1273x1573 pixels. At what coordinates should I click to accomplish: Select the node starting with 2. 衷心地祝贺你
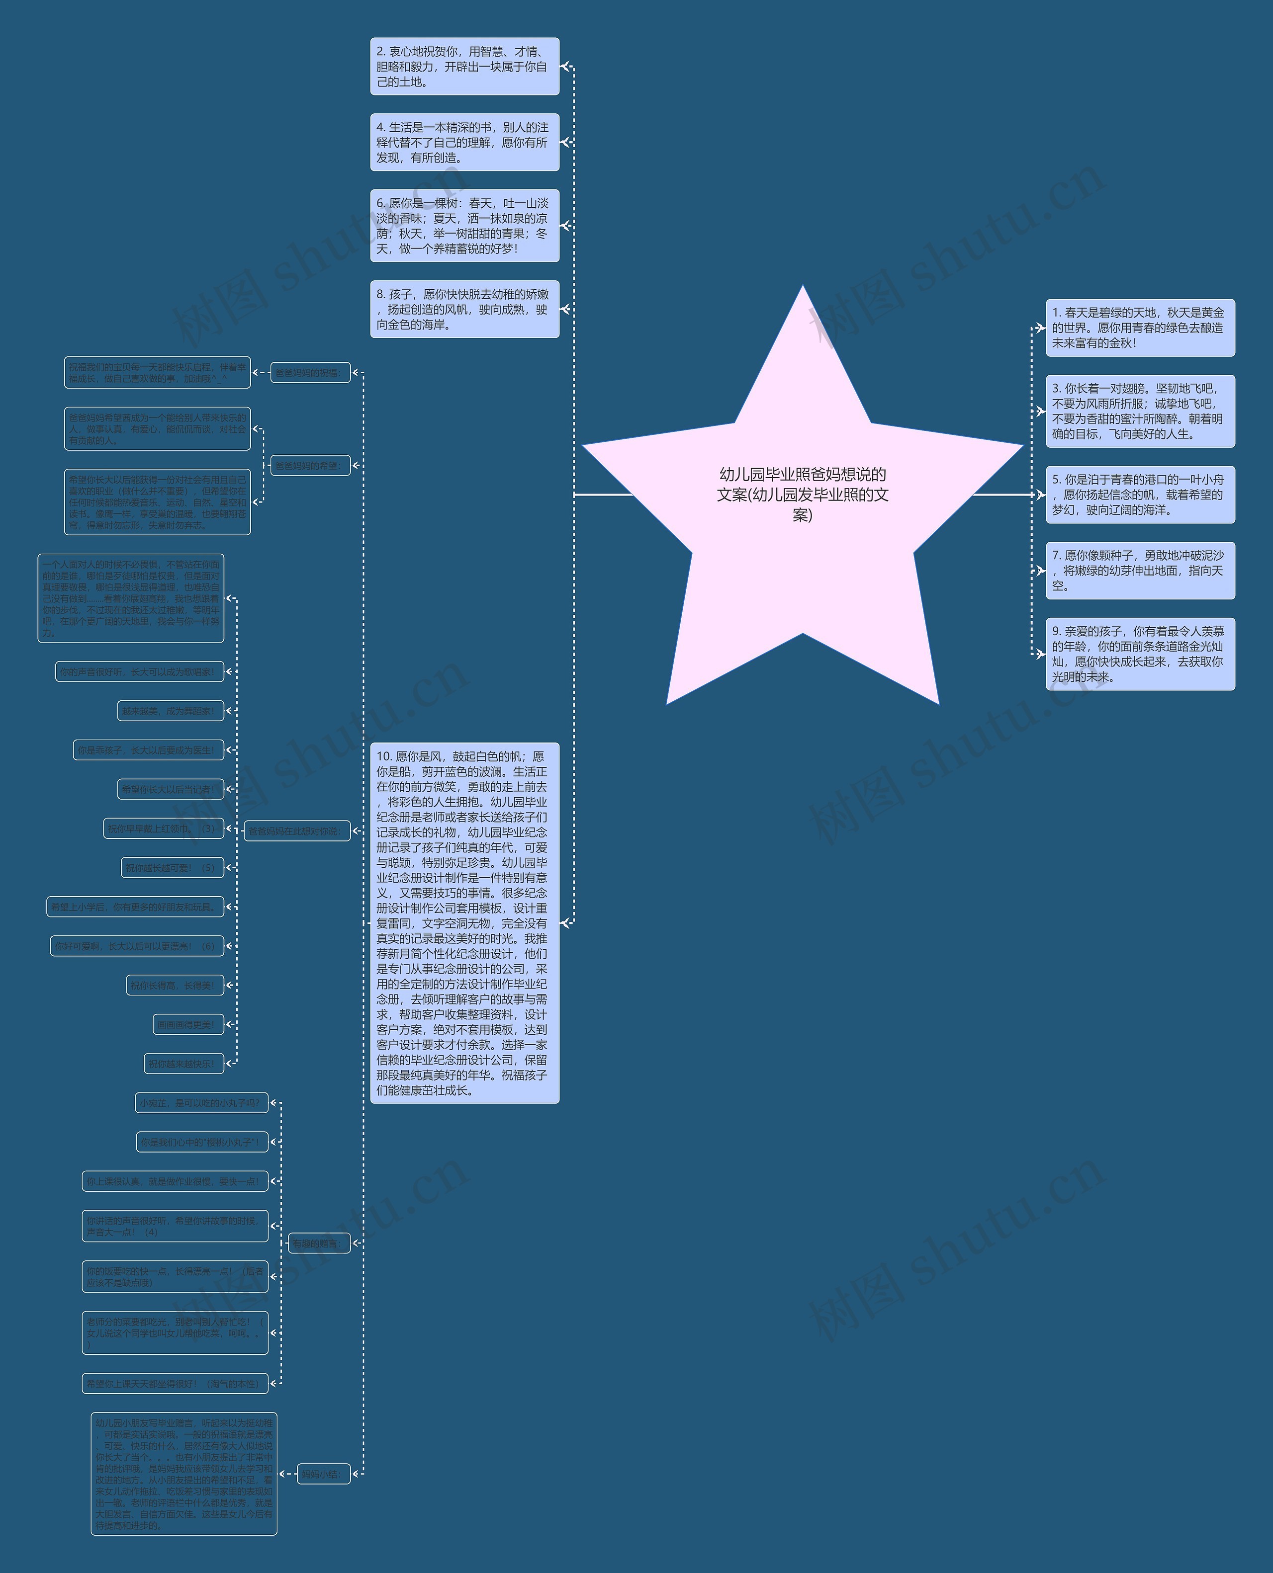(464, 67)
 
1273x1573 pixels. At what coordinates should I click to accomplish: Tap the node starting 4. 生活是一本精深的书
(464, 142)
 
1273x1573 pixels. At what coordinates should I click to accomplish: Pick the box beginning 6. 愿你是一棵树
(464, 226)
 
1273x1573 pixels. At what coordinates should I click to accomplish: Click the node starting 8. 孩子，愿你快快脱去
(464, 309)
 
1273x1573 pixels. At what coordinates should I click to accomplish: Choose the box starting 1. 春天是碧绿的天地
(1140, 328)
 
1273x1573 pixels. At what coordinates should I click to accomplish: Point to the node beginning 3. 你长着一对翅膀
(1140, 411)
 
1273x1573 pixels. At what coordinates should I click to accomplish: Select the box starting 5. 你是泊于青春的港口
(1140, 495)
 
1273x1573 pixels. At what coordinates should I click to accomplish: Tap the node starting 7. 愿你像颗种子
(1140, 570)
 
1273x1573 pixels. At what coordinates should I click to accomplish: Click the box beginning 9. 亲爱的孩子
(1140, 654)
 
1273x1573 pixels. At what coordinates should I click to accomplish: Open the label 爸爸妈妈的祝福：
(310, 372)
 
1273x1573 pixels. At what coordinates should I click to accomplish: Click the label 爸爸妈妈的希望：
(310, 466)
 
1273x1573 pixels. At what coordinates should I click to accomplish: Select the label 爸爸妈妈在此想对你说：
(297, 831)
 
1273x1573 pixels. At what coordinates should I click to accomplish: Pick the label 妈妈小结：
(323, 1473)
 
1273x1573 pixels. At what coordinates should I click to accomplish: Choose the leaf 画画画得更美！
(188, 1025)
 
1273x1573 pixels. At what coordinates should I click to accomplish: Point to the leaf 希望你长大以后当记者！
(170, 789)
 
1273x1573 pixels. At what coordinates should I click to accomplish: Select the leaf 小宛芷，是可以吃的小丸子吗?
(202, 1102)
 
